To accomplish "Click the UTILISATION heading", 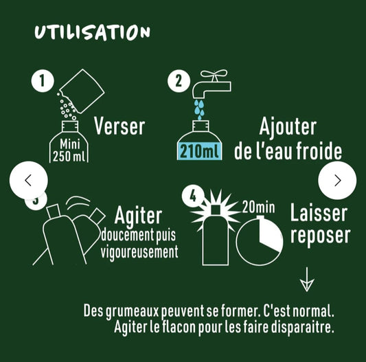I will point(91,32).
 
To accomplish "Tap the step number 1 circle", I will point(43,81).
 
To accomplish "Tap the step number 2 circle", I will point(179,81).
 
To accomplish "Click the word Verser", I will point(119,126).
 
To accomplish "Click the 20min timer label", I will point(260,206).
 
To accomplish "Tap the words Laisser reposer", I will point(319,224).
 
